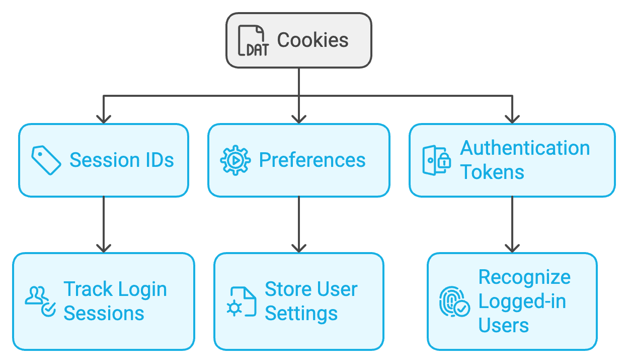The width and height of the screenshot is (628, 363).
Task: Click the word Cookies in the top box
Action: (x=312, y=40)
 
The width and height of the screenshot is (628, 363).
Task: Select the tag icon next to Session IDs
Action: (x=46, y=160)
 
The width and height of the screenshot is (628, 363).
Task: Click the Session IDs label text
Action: (x=121, y=160)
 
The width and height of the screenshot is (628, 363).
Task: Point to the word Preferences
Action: (x=312, y=160)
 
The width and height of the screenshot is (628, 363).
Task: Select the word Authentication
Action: (x=525, y=148)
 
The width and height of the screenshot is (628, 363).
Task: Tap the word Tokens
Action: (x=492, y=172)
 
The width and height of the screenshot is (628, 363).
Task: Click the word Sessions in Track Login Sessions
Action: (x=104, y=314)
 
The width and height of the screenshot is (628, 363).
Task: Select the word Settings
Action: (x=301, y=314)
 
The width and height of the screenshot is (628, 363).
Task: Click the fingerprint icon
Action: (x=454, y=301)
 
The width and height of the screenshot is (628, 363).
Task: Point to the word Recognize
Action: (x=524, y=277)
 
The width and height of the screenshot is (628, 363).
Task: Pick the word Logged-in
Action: (x=522, y=301)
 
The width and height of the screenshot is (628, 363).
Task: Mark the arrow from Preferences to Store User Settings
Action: (x=299, y=224)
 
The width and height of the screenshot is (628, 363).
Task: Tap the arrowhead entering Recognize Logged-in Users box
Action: (x=512, y=248)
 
